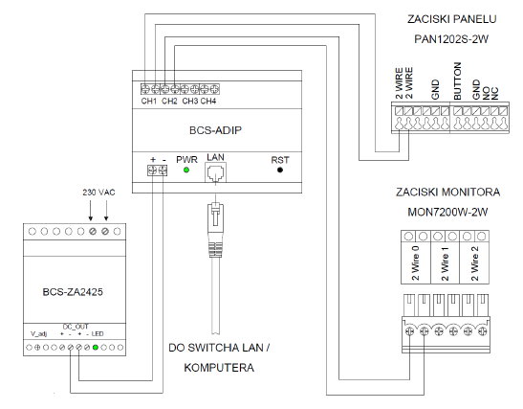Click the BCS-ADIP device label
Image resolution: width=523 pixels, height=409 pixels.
click(x=215, y=130)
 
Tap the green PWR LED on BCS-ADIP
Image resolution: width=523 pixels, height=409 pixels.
click(x=186, y=170)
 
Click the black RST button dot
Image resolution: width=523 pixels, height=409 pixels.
click(x=280, y=170)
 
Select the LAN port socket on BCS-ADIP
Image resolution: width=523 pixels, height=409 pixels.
click(x=215, y=172)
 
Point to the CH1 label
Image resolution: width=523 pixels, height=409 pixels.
click(x=149, y=101)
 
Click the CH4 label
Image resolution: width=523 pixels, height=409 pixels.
click(x=208, y=101)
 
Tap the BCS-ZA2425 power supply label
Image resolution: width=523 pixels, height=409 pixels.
click(x=73, y=292)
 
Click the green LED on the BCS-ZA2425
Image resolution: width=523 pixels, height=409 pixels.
click(x=96, y=348)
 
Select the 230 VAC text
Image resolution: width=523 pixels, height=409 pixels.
click(x=98, y=193)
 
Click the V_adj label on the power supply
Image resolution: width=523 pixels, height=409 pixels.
click(x=38, y=334)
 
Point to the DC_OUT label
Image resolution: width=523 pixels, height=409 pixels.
click(x=76, y=327)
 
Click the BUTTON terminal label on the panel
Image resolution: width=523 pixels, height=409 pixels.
click(x=458, y=80)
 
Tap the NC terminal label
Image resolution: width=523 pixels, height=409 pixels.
click(x=495, y=94)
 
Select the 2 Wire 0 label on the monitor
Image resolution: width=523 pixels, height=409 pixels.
click(x=415, y=263)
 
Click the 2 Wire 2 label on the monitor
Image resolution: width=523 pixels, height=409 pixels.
click(x=475, y=263)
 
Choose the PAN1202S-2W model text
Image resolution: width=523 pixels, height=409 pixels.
click(x=451, y=39)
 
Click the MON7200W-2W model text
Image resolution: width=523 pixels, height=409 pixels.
click(x=447, y=212)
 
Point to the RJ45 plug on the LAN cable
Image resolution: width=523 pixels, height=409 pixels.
click(x=215, y=230)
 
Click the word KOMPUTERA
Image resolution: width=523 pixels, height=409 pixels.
click(x=219, y=368)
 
